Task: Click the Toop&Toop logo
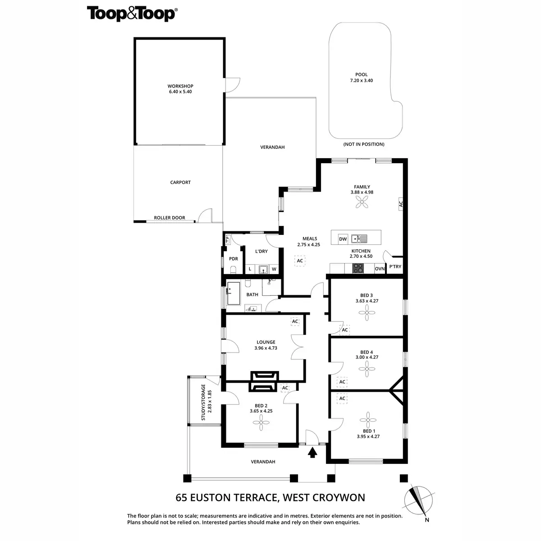tap(131, 14)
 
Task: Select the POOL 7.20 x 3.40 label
tap(361, 78)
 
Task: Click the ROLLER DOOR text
tap(170, 218)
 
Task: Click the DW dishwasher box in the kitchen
tap(343, 239)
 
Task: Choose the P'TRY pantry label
tap(394, 267)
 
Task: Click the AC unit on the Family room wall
tap(400, 204)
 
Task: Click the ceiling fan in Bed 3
tap(367, 312)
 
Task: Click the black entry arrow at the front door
tap(312, 452)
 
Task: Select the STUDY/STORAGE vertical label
tap(206, 402)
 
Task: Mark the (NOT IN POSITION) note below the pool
tap(364, 144)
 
